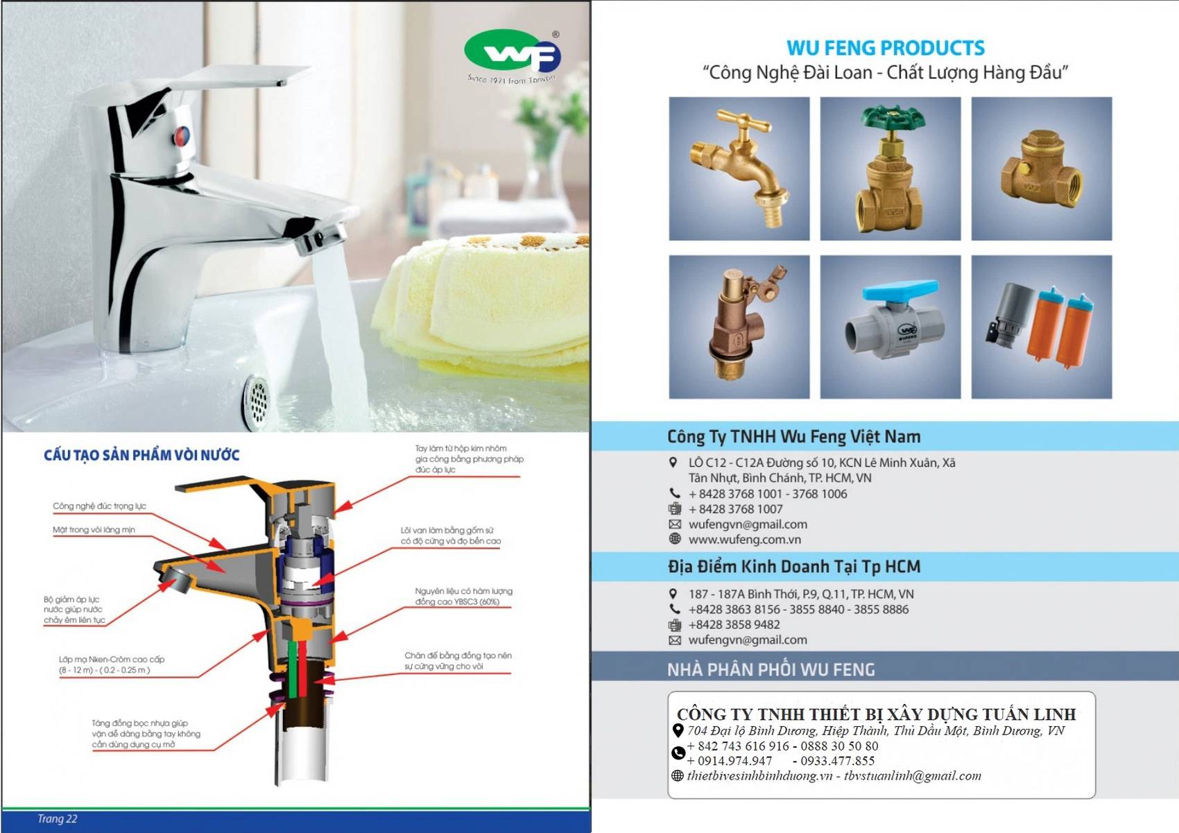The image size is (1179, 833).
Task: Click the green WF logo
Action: [x=512, y=51]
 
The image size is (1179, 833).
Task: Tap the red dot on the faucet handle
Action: [x=182, y=135]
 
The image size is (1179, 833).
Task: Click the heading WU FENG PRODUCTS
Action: [x=885, y=48]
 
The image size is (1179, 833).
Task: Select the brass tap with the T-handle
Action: [x=739, y=169]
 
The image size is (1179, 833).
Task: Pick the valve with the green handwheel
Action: [x=890, y=169]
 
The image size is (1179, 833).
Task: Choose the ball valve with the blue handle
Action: [x=890, y=327]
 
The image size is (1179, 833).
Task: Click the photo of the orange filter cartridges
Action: [x=1042, y=327]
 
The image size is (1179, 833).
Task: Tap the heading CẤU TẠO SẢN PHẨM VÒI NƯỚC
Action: [x=141, y=455]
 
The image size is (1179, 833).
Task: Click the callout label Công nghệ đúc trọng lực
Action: [x=99, y=506]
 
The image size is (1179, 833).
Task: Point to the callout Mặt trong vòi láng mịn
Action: [x=94, y=530]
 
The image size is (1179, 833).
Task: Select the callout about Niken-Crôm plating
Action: [x=111, y=664]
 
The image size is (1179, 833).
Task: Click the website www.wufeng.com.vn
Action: [x=744, y=540]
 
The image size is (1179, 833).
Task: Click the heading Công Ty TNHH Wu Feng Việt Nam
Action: [x=793, y=437]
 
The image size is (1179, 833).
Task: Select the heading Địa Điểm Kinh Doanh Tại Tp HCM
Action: [x=793, y=567]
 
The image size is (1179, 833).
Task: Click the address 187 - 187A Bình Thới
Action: [x=800, y=594]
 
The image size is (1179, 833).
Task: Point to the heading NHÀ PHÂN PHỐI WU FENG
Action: [x=771, y=669]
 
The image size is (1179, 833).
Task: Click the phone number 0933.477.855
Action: [x=838, y=761]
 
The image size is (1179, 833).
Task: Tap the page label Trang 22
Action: [x=57, y=819]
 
